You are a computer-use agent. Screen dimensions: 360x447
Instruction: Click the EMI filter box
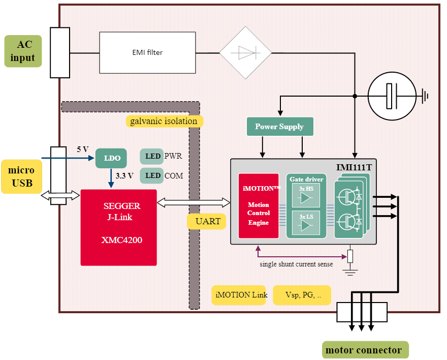pyautogui.click(x=147, y=52)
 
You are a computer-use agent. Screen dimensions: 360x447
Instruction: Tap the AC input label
pyautogui.click(x=23, y=51)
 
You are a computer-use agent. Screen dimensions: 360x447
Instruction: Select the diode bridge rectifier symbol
pyautogui.click(x=245, y=52)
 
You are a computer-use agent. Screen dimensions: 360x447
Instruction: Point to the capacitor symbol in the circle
pyautogui.click(x=391, y=95)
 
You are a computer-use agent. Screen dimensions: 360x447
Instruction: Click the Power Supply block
pyautogui.click(x=279, y=127)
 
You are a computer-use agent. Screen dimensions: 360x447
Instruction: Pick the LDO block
pyautogui.click(x=112, y=158)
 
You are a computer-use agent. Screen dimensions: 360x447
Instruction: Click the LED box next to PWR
pyautogui.click(x=152, y=156)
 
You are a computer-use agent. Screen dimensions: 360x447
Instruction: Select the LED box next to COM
pyautogui.click(x=152, y=175)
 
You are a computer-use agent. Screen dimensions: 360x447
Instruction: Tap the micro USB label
pyautogui.click(x=21, y=176)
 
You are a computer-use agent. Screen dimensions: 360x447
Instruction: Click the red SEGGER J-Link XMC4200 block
pyautogui.click(x=118, y=227)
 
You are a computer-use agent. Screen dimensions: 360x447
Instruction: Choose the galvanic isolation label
pyautogui.click(x=164, y=121)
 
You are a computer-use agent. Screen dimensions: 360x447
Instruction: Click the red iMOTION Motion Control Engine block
pyautogui.click(x=259, y=205)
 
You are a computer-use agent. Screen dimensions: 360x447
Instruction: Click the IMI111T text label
pyautogui.click(x=355, y=167)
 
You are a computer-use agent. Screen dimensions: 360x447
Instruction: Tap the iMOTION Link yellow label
pyautogui.click(x=239, y=295)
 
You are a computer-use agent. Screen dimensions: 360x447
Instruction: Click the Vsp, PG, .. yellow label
pyautogui.click(x=302, y=295)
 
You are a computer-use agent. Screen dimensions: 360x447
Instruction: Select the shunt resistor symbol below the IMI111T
pyautogui.click(x=350, y=256)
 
